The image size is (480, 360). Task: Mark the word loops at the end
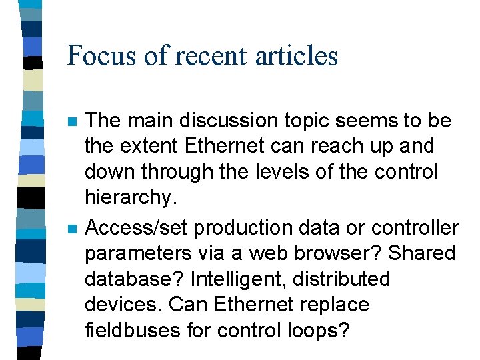click(x=317, y=330)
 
